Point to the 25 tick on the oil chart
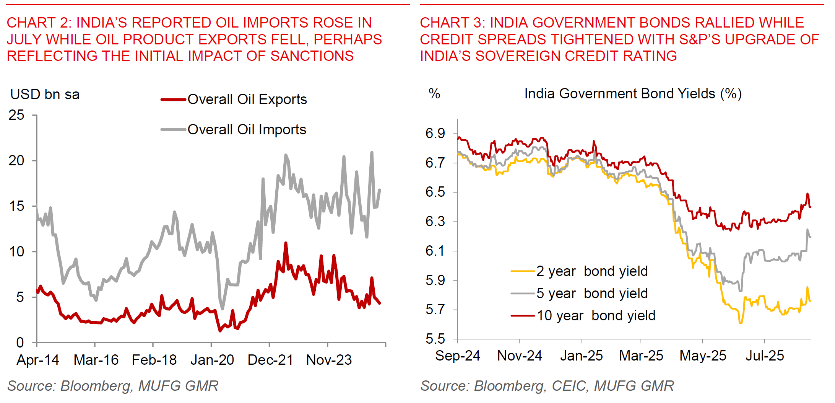tap(16, 115)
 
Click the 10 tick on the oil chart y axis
tap(16, 252)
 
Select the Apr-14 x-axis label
tap(38, 360)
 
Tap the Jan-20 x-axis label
tap(212, 360)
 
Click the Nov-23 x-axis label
tap(329, 360)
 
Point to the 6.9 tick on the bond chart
tap(435, 134)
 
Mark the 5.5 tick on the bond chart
tap(435, 339)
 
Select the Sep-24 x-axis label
tap(458, 356)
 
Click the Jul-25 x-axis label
tap(765, 356)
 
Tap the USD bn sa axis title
tap(45, 95)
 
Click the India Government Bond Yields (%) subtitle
tap(633, 94)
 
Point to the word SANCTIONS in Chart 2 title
tap(312, 56)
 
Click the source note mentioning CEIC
tap(547, 386)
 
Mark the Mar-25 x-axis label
tap(641, 356)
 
